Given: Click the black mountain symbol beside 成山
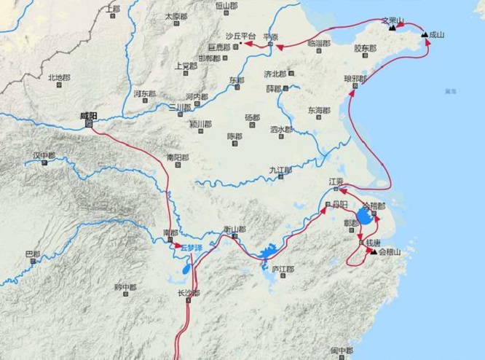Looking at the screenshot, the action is [x=424, y=34].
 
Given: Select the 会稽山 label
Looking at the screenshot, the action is [x=390, y=252].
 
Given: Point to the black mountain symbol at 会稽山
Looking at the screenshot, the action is [x=374, y=252].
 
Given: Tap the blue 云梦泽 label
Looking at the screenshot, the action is [x=183, y=248].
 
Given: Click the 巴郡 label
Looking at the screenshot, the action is [x=33, y=254].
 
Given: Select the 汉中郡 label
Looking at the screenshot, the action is [x=44, y=155].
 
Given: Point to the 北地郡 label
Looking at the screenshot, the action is [x=60, y=77].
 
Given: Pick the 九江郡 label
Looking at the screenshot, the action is [x=280, y=170].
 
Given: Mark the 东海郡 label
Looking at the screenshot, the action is [x=318, y=111].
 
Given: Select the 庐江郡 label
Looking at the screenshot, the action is [x=282, y=268].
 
